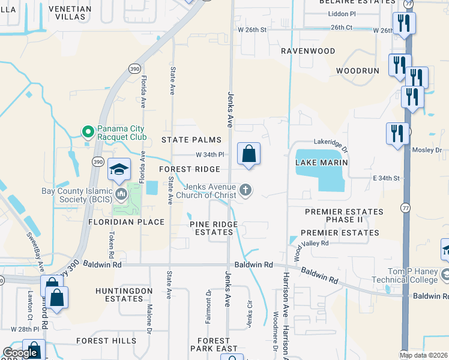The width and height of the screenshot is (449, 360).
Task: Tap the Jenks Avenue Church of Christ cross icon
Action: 245,191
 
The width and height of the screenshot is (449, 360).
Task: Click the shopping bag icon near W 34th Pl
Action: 249,154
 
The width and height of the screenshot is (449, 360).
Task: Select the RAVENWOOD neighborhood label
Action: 309,51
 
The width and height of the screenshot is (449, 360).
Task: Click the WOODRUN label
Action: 358,71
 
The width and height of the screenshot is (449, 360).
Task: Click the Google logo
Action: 20,353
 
